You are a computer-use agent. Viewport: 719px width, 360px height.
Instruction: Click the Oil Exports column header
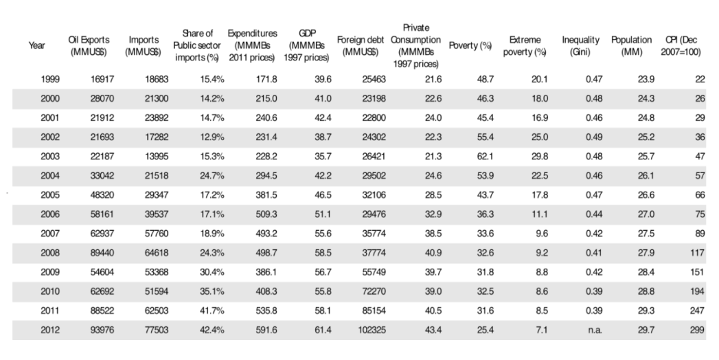tap(89, 46)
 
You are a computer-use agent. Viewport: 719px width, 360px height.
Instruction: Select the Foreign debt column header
tap(361, 46)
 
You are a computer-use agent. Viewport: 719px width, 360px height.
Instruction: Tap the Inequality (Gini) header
tap(580, 46)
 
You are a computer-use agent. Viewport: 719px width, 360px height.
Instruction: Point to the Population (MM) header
tap(631, 46)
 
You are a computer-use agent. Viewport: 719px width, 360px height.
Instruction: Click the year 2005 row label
tap(50, 195)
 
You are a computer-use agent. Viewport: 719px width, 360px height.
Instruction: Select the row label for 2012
tap(50, 330)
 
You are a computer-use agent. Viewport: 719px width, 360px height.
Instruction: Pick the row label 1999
tap(50, 79)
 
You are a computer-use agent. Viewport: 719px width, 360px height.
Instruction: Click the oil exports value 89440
tap(102, 253)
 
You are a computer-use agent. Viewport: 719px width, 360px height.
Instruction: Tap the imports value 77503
tap(157, 330)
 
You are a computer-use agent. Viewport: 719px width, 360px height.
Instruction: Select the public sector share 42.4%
tap(212, 330)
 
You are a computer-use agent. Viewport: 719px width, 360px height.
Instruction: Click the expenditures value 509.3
tap(266, 214)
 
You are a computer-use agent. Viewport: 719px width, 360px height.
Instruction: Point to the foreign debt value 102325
tap(372, 330)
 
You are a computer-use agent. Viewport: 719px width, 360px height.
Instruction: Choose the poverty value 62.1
tap(485, 157)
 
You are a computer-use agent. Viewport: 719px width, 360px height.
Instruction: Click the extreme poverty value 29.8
tap(540, 157)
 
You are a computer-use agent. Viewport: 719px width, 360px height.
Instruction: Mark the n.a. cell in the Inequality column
tap(595, 330)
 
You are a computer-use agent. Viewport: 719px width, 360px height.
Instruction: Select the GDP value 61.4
tap(323, 330)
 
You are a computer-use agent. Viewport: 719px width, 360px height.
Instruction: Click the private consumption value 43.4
tap(433, 330)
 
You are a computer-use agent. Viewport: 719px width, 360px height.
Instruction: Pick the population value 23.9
tap(646, 79)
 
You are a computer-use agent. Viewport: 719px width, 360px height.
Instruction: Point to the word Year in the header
tap(36, 45)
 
